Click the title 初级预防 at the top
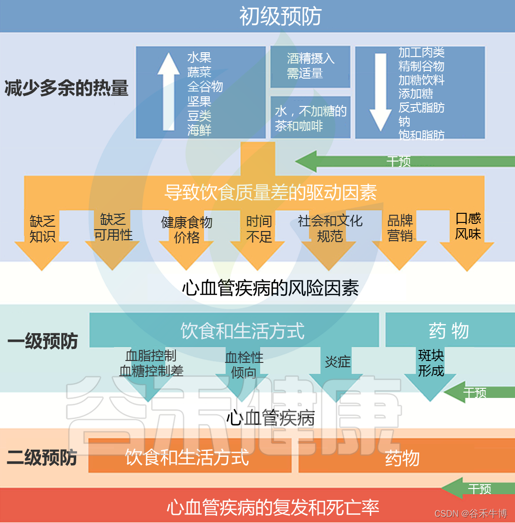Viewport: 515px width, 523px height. (x=280, y=16)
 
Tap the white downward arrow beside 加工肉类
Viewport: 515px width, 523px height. (x=381, y=92)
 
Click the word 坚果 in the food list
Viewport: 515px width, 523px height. (x=199, y=101)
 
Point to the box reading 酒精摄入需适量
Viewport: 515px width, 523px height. (x=310, y=66)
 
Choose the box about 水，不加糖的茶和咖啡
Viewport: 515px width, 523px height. (x=310, y=118)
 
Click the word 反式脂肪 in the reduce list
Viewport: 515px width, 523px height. (x=421, y=107)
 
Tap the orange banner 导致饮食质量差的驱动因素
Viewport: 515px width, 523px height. (x=270, y=192)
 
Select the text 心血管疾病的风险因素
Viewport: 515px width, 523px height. (x=270, y=288)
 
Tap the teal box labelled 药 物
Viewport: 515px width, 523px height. (x=449, y=330)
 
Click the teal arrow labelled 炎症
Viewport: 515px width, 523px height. (x=338, y=369)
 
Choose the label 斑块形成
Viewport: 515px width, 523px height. (x=431, y=363)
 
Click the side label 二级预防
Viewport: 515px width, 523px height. (x=42, y=458)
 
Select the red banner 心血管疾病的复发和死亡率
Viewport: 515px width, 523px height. (x=273, y=507)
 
